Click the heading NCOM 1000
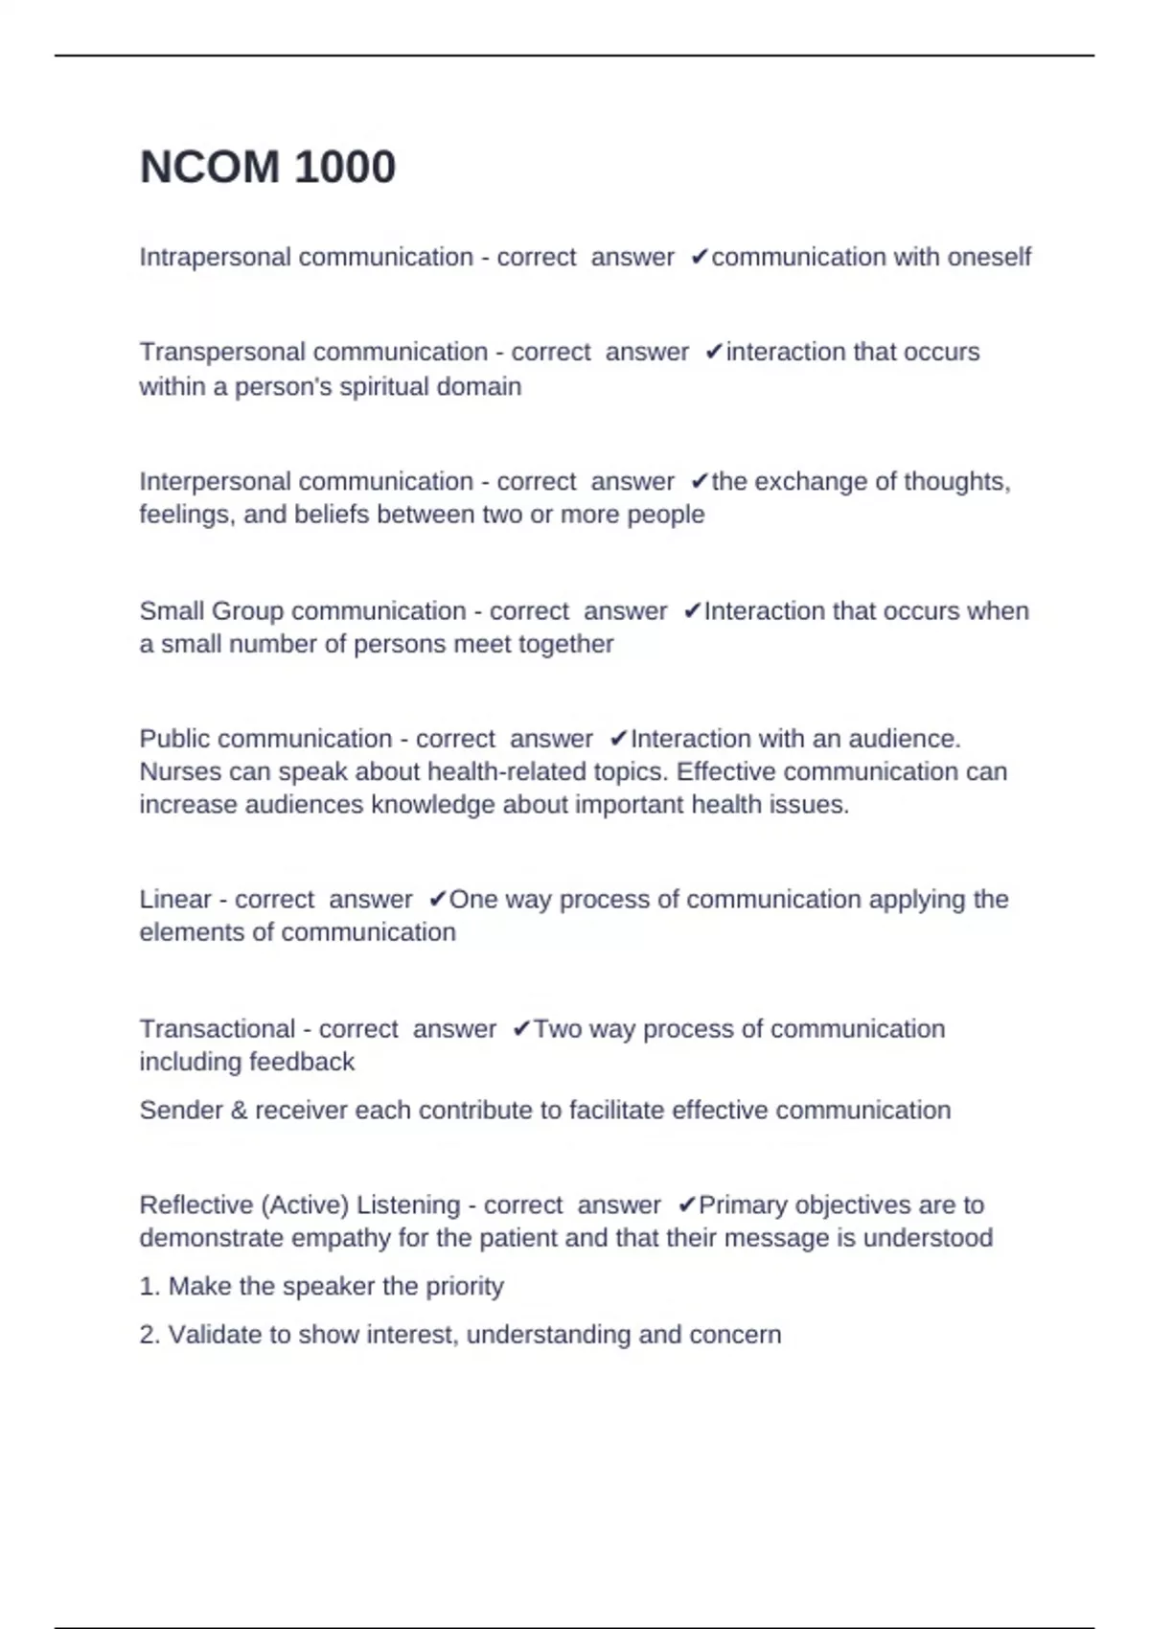[267, 168]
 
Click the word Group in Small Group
[246, 611]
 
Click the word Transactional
[217, 1029]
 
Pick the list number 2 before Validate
[149, 1335]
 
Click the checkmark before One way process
[437, 900]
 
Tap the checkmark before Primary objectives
[686, 1205]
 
